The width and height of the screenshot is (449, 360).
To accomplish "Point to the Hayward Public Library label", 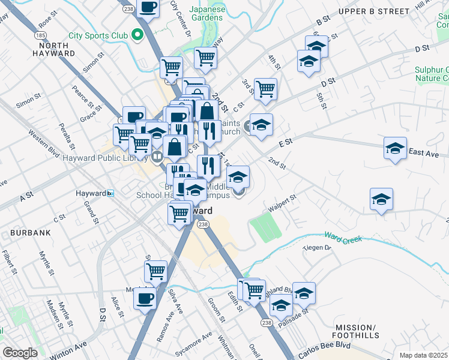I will click(106, 158).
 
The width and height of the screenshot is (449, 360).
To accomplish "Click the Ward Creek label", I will click(344, 238).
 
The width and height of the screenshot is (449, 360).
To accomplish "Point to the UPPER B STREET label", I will click(382, 11).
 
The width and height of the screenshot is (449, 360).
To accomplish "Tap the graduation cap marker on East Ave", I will click(395, 148).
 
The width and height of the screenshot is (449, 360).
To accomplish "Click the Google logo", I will click(20, 353).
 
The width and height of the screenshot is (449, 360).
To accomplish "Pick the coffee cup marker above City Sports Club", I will click(147, 7).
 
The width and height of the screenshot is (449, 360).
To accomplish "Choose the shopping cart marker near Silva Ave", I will click(155, 271).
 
